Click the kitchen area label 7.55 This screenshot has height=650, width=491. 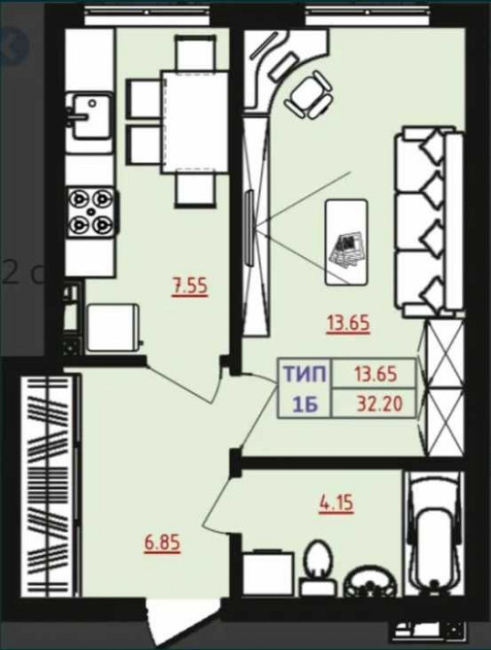(x=190, y=287)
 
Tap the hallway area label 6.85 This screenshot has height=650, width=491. (x=163, y=542)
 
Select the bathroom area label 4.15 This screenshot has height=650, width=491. (x=337, y=504)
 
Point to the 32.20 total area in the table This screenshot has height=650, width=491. (x=379, y=404)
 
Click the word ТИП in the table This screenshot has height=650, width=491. (x=306, y=374)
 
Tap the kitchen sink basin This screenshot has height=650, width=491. (x=91, y=116)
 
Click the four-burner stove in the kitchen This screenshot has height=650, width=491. (x=91, y=212)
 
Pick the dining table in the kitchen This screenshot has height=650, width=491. (x=195, y=122)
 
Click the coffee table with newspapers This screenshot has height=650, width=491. (x=346, y=243)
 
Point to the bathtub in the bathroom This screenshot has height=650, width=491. (x=434, y=534)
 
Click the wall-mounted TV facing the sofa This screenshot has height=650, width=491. (x=249, y=227)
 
